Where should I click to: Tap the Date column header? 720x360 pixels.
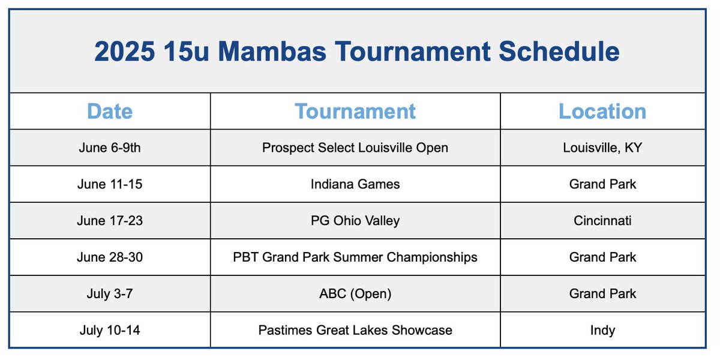coord(110,112)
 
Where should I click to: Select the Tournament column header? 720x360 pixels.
coord(355,112)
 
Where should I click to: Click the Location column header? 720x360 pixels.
coord(602,112)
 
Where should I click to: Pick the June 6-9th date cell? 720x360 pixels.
coord(110,148)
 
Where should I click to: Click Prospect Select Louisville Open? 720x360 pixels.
coord(355,148)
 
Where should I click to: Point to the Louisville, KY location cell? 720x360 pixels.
coord(602,148)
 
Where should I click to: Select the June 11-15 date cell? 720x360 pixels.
coord(110,184)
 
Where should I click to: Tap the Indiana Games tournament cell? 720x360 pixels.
coord(355,184)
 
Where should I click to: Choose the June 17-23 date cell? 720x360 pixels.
coord(110,221)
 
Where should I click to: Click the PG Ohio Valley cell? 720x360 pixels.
coord(355,221)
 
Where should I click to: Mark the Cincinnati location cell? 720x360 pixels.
coord(602,221)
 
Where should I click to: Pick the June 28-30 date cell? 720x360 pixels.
coord(110,257)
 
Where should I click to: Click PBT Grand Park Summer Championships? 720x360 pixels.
coord(355,257)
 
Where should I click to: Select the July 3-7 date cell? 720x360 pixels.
coord(110,294)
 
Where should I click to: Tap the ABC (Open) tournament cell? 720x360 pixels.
coord(355,294)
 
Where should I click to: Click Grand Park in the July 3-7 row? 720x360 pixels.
coord(602,294)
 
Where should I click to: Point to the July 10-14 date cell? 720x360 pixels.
coord(110,330)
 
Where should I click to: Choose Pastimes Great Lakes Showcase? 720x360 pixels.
coord(355,330)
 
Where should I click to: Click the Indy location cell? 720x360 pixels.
coord(602,330)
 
